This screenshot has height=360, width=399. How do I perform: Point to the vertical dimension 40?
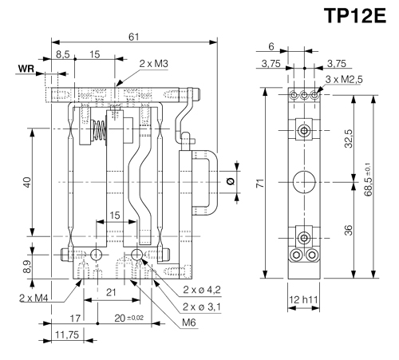tap(26, 182)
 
